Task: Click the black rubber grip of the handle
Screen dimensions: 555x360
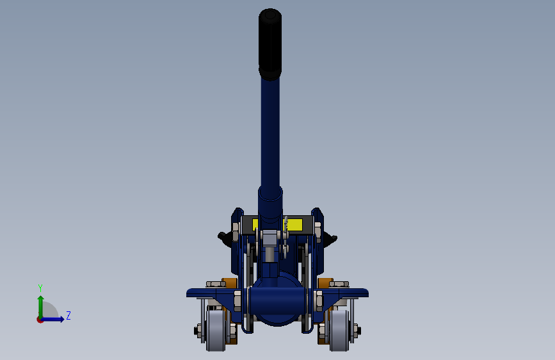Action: [270, 44]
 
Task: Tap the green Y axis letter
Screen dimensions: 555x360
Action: [40, 288]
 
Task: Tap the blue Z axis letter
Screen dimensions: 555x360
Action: [68, 315]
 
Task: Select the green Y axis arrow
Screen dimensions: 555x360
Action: [41, 307]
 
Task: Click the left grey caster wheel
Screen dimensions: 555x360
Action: [216, 331]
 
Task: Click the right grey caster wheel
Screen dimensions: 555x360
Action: [339, 331]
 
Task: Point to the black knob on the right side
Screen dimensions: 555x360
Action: [330, 238]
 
